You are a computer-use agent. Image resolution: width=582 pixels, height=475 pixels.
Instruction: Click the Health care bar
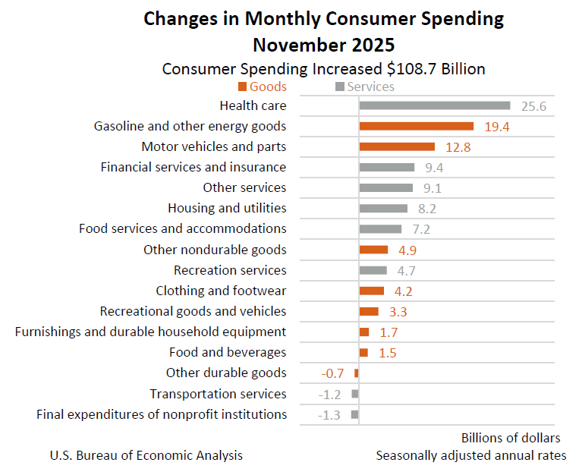pyautogui.click(x=434, y=105)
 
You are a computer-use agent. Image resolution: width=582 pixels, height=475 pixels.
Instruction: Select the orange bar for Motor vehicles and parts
pyautogui.click(x=397, y=146)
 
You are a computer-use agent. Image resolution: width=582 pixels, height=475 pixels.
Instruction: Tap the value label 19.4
pyautogui.click(x=496, y=127)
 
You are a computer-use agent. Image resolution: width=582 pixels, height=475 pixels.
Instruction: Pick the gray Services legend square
pyautogui.click(x=340, y=87)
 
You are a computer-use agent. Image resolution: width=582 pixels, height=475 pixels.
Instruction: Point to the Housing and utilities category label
pyautogui.click(x=227, y=208)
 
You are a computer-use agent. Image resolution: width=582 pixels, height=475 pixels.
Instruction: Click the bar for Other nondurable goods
pyautogui.click(x=373, y=250)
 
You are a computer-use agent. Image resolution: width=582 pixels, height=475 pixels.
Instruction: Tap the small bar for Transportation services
pyautogui.click(x=355, y=394)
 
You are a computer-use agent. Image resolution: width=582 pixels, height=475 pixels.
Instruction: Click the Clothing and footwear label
pyautogui.click(x=221, y=291)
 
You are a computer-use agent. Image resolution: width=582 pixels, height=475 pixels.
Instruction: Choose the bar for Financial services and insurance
pyautogui.click(x=387, y=167)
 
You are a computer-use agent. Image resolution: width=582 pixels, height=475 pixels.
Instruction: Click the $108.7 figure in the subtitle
pyautogui.click(x=414, y=69)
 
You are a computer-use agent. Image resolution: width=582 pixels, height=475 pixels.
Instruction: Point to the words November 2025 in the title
pyautogui.click(x=324, y=43)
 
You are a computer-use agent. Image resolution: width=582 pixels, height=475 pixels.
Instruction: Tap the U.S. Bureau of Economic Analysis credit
pyautogui.click(x=146, y=455)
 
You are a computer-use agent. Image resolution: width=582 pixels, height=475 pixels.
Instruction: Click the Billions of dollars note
pyautogui.click(x=511, y=438)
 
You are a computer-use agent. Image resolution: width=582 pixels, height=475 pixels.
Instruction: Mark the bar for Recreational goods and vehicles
pyautogui.click(x=369, y=311)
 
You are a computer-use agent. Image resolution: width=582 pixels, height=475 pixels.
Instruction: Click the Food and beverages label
pyautogui.click(x=228, y=352)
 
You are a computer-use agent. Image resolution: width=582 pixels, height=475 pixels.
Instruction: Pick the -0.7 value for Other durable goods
pyautogui.click(x=334, y=373)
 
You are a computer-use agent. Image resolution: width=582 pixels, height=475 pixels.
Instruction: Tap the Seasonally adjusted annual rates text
pyautogui.click(x=470, y=455)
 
